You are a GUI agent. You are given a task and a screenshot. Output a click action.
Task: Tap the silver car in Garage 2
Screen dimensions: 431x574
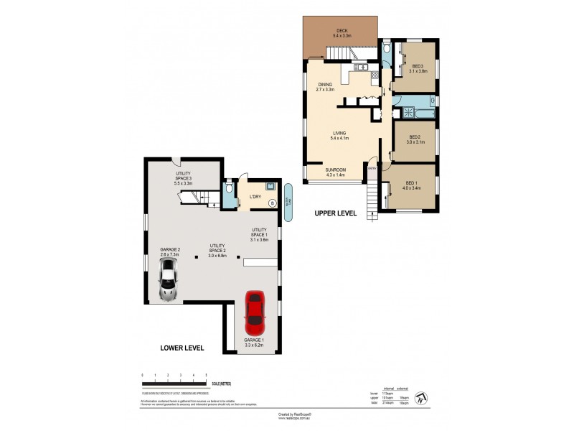pos(169,280)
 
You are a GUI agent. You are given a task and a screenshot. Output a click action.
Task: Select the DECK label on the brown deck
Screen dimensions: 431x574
pos(340,32)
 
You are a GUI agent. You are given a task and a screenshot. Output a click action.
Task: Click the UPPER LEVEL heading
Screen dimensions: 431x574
pos(334,214)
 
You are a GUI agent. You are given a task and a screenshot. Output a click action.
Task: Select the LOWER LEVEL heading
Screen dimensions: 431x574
pos(182,348)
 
